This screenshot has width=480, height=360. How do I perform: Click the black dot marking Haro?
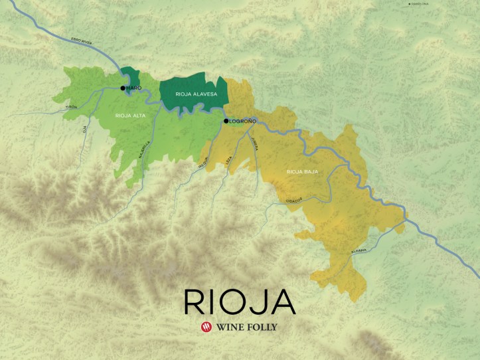tap(123, 88)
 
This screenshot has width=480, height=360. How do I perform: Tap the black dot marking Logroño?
tap(226, 121)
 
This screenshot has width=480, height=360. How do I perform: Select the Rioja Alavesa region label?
tap(192, 95)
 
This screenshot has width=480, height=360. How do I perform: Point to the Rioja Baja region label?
tap(302, 171)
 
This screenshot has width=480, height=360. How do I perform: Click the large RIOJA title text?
tap(240, 302)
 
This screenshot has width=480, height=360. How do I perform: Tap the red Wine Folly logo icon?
tap(206, 327)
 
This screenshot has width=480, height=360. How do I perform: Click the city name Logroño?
tap(243, 121)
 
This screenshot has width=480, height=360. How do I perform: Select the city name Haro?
tap(134, 88)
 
